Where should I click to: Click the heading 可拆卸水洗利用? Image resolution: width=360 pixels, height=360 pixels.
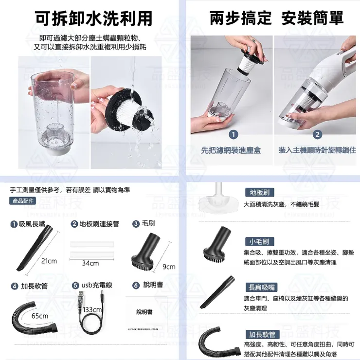point(94,18)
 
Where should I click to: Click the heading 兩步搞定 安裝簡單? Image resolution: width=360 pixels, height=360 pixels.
point(276,18)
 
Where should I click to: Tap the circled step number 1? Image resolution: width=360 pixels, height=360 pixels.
point(234,134)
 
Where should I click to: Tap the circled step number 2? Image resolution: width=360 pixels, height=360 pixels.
point(318,134)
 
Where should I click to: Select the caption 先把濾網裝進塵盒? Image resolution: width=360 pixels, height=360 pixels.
point(231,150)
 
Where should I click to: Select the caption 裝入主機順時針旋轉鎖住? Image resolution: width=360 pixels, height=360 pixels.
point(317,150)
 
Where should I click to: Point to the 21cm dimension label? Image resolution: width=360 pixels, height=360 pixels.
point(49,261)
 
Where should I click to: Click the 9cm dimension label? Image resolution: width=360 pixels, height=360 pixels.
point(168,267)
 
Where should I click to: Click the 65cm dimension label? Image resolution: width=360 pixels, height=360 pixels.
point(39,316)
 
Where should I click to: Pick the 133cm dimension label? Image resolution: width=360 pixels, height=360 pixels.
point(92,309)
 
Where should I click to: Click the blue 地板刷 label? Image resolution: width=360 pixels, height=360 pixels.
point(260,192)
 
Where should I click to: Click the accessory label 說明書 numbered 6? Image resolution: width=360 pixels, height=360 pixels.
point(153,285)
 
